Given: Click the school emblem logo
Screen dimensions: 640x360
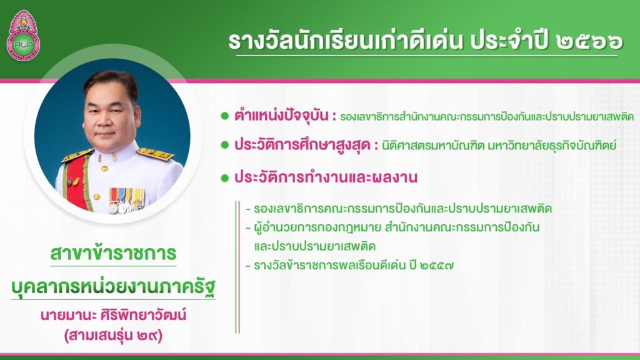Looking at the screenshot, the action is [x=24, y=36].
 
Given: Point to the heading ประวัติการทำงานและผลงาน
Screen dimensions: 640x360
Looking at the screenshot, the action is [x=326, y=177].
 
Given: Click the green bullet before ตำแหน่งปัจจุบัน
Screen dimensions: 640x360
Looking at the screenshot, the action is [x=224, y=116].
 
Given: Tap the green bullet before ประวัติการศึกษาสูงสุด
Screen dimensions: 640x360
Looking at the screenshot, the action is [x=224, y=145].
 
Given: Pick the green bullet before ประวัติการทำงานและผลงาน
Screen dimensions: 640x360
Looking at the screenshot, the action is [x=224, y=178].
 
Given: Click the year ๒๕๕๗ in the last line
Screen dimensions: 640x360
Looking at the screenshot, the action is [x=436, y=266].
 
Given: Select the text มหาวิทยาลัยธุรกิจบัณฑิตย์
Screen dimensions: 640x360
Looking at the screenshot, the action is [x=552, y=145].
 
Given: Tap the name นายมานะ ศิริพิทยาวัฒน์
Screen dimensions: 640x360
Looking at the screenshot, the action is [x=114, y=315].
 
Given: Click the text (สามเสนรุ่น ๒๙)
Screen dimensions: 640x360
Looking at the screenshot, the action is [x=114, y=336].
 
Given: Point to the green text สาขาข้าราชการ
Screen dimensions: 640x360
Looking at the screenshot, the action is [x=113, y=254].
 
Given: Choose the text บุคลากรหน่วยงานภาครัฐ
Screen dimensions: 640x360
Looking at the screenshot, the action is [x=113, y=287].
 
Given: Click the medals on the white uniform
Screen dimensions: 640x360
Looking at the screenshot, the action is [x=126, y=200].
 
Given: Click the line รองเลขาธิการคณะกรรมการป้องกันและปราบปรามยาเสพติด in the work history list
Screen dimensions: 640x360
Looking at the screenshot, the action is [x=398, y=209].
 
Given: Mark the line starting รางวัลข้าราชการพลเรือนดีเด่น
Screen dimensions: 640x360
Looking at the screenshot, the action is [x=349, y=266].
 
